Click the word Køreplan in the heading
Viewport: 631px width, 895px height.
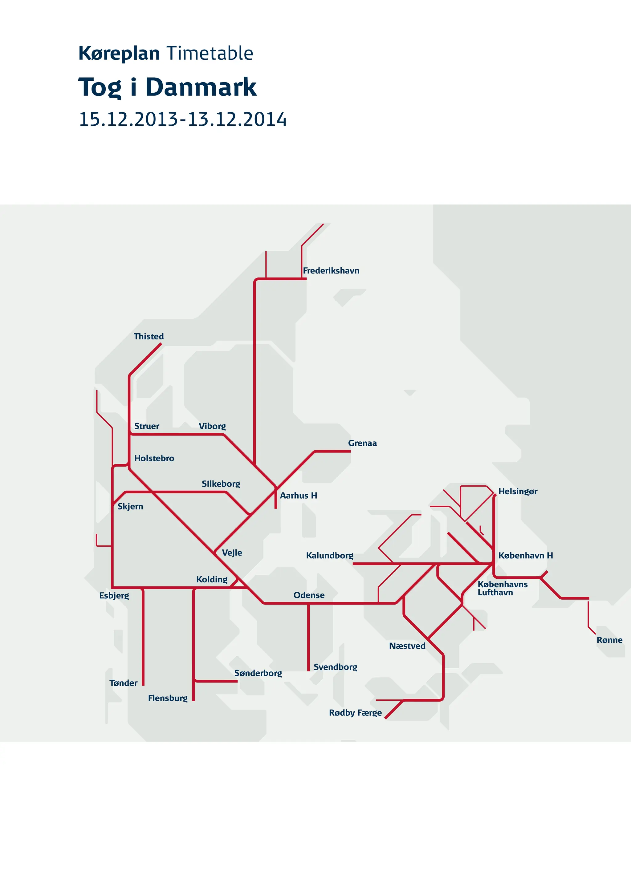[119, 53]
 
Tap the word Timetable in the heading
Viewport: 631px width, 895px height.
[210, 53]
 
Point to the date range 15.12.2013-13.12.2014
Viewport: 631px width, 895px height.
[182, 119]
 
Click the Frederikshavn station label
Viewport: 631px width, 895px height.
[331, 270]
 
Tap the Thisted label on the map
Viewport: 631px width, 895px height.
[149, 336]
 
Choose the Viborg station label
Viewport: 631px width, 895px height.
[212, 426]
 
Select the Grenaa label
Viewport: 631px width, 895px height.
[362, 443]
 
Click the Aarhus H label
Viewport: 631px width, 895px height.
[298, 496]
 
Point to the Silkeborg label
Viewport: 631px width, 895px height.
[221, 484]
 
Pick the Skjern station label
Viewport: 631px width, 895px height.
[130, 506]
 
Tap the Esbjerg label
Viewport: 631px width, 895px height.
[114, 595]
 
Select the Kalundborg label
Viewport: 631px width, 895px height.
[330, 556]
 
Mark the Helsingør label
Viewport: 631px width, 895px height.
[518, 491]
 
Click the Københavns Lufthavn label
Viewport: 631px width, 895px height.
[502, 588]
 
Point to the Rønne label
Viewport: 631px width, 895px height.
[609, 640]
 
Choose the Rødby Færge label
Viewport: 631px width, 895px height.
[355, 713]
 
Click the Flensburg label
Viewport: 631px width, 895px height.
[168, 698]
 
